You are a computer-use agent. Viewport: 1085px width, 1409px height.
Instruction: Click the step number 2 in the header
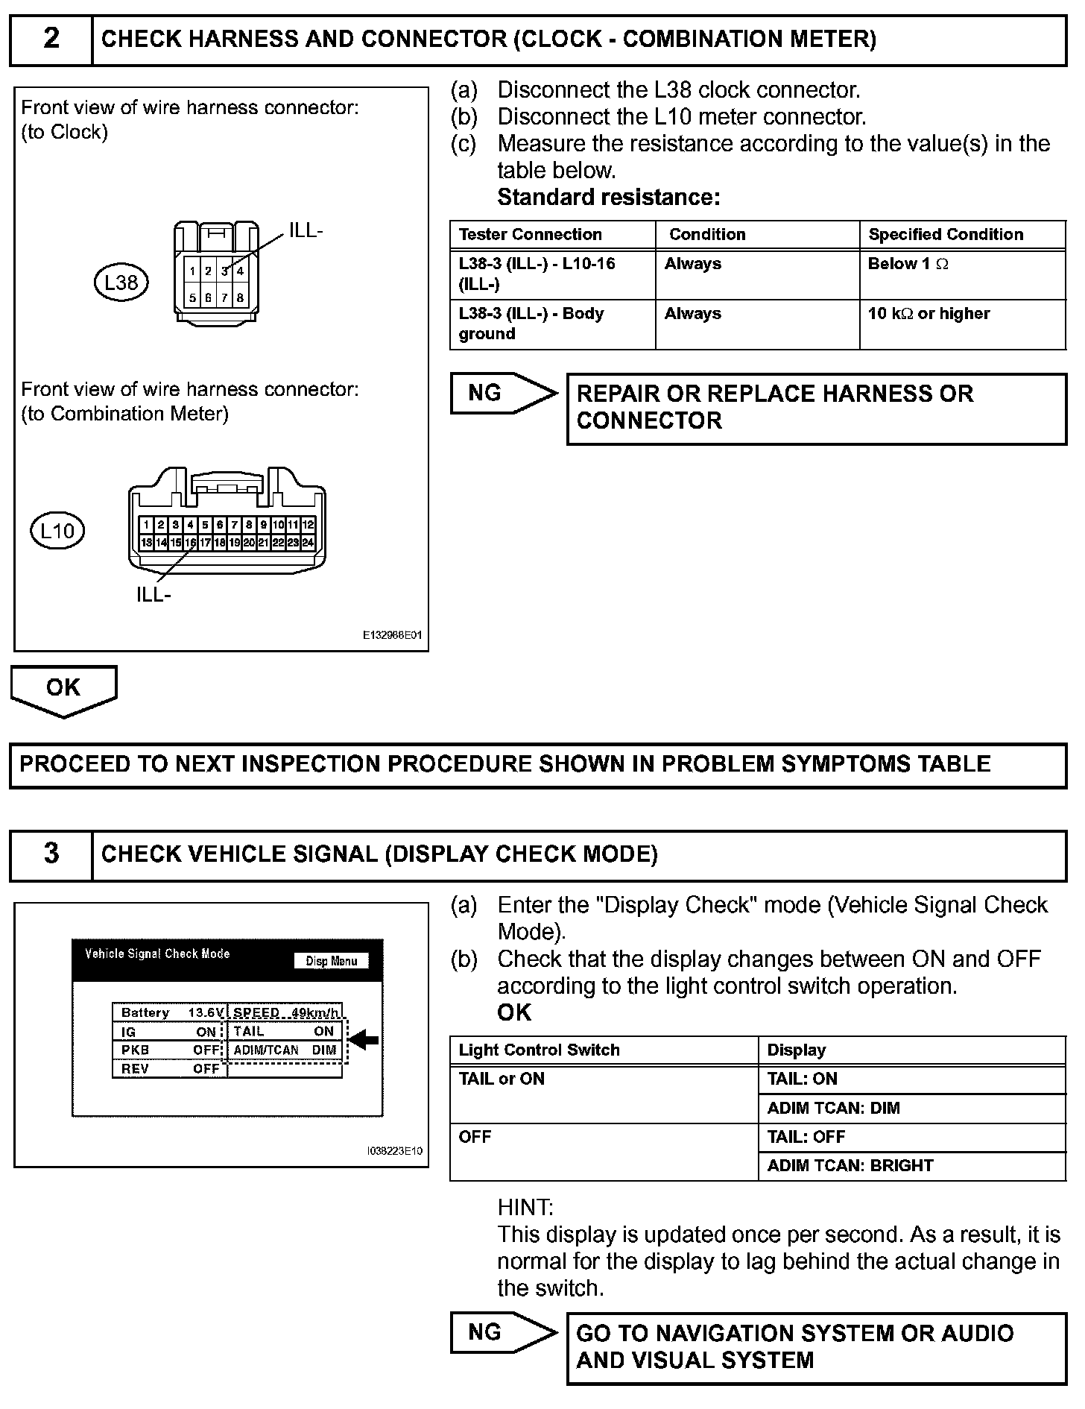51,39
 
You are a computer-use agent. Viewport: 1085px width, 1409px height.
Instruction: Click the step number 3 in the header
51,854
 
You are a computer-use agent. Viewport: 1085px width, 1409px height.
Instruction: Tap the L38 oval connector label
121,283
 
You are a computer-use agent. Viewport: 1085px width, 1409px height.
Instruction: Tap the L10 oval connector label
57,531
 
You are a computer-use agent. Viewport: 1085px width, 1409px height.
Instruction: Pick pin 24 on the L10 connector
308,543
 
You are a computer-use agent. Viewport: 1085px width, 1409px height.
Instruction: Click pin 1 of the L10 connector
148,525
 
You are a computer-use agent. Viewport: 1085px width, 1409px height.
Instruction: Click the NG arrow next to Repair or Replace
503,394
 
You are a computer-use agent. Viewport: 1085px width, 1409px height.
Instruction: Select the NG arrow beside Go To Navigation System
503,1332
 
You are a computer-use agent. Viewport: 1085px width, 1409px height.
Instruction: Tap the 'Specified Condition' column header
946,234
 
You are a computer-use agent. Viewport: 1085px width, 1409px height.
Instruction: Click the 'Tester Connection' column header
531,234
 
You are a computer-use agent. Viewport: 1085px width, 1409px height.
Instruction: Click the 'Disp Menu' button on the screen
332,961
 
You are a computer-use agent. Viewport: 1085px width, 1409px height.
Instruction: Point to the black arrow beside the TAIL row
364,1039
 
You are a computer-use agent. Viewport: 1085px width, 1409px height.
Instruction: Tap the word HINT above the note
525,1207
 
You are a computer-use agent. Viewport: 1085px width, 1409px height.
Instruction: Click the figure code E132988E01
392,636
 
